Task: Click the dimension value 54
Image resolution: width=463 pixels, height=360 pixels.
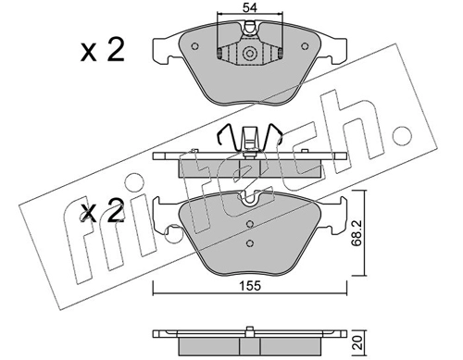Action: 250,7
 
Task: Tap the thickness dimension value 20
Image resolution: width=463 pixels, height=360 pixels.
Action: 357,342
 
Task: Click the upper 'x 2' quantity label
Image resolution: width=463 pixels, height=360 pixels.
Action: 102,50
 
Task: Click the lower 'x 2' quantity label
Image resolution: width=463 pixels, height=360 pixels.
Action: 102,212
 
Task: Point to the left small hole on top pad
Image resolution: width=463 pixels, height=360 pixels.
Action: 194,46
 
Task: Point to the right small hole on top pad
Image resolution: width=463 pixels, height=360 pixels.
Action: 305,46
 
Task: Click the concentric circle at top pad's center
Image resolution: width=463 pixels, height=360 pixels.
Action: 249,54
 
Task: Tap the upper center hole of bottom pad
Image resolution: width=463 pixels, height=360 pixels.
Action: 250,224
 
